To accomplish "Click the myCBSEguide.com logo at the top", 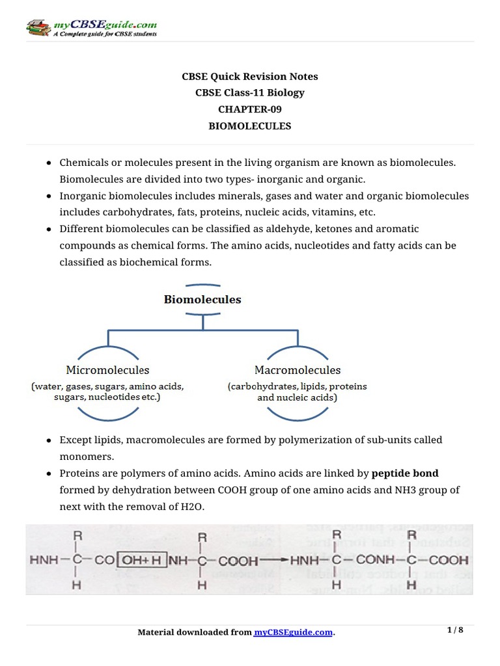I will (x=91, y=28).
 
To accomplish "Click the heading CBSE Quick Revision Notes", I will (x=249, y=76).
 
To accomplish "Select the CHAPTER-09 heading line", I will (x=249, y=109).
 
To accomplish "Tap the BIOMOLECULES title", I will (x=249, y=126).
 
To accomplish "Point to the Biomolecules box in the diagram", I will (x=202, y=300).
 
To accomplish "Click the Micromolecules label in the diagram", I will (x=107, y=370).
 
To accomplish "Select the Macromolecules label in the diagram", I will (x=297, y=370).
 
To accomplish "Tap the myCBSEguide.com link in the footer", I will (x=293, y=632).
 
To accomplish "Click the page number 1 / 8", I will (x=455, y=630).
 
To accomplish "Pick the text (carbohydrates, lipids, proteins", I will (x=297, y=386).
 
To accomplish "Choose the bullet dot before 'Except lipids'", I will (x=49, y=440).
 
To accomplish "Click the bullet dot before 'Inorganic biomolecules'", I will (x=49, y=196).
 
